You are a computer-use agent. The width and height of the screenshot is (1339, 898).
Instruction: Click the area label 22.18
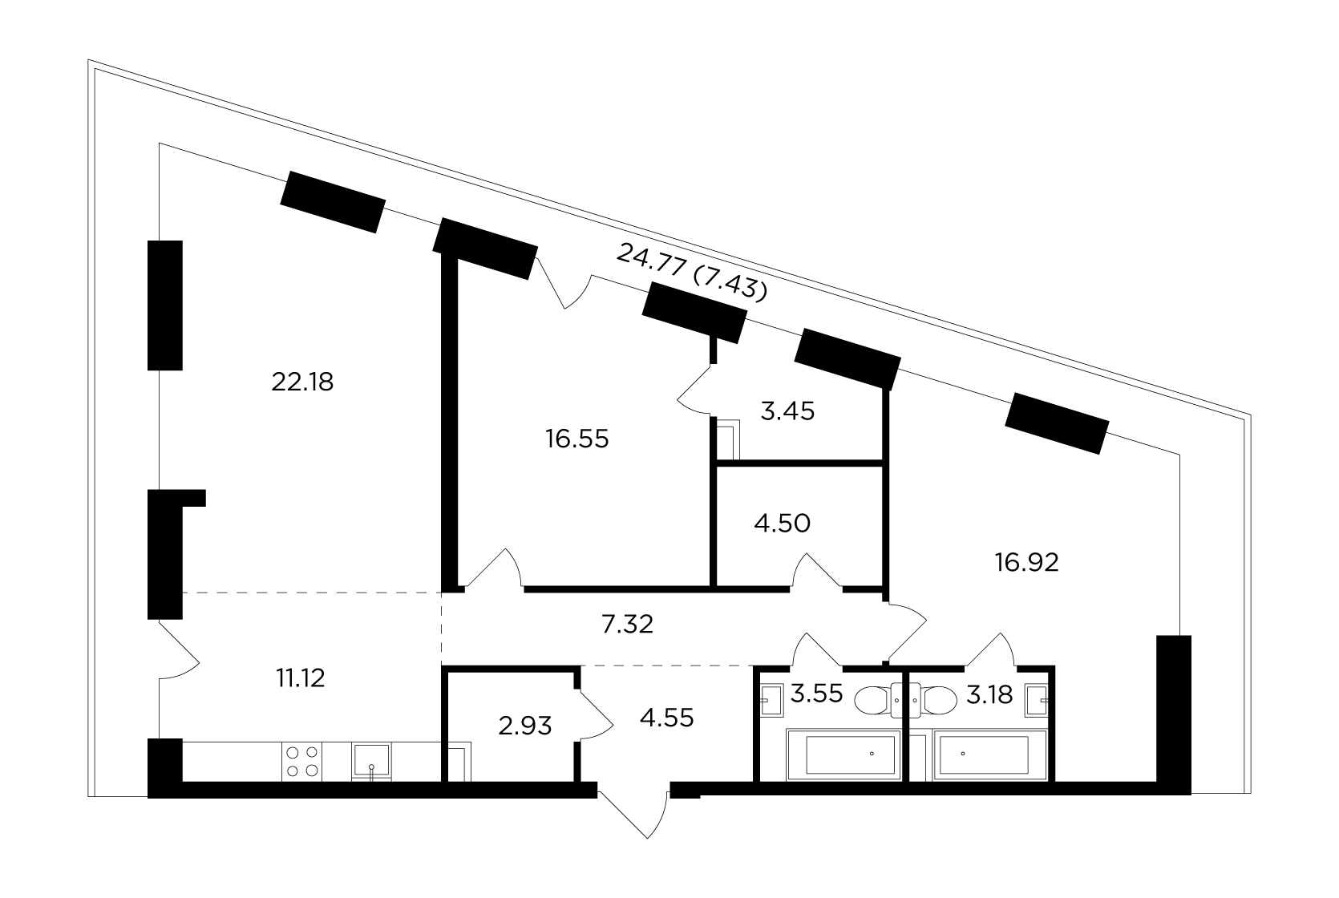301,382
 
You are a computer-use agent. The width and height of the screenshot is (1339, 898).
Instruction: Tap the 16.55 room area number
576,439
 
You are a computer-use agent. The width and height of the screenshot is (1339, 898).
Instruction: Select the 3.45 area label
787,411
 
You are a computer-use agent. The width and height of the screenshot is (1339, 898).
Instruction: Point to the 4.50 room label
782,524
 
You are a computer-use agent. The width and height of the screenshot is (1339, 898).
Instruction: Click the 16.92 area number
1026,563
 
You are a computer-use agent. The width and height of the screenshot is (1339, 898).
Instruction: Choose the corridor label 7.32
627,625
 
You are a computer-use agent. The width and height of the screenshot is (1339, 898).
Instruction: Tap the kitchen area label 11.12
300,678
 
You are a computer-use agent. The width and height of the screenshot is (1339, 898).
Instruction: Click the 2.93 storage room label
525,726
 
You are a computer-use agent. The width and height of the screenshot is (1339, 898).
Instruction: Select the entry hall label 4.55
666,718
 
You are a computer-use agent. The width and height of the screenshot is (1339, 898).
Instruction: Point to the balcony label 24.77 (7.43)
692,272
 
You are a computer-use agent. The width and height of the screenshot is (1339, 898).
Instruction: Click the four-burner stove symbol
301,762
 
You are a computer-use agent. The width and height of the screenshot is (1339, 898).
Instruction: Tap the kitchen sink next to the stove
371,761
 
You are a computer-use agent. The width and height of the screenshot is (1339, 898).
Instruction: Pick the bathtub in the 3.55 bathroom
843,754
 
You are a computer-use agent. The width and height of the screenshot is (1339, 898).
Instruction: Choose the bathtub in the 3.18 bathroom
989,754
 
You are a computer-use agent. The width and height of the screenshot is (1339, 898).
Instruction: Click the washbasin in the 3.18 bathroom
1037,700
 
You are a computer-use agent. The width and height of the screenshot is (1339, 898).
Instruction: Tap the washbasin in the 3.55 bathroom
771,700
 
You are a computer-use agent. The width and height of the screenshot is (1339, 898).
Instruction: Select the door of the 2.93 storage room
596,714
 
